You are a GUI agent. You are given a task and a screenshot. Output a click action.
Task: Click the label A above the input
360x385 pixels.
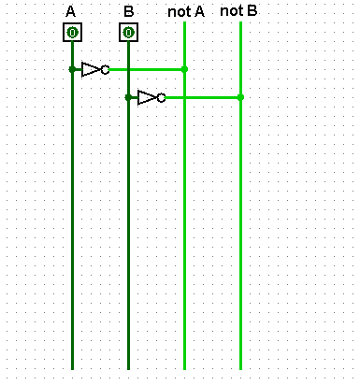(71, 12)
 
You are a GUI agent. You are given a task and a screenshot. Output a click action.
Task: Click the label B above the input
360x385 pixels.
(128, 12)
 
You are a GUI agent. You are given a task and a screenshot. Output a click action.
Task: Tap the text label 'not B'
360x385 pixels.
(238, 11)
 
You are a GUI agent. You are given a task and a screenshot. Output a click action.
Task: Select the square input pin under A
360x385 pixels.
(72, 33)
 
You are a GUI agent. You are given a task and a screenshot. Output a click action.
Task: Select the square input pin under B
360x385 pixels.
(128, 33)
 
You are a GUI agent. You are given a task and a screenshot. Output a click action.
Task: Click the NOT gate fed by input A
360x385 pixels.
(94, 69)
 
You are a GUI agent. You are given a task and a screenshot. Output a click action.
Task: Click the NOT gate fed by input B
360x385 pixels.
(150, 97)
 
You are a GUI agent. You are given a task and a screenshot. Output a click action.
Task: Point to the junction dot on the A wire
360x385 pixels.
(72, 69)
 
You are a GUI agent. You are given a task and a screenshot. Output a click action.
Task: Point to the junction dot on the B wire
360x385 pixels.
(128, 97)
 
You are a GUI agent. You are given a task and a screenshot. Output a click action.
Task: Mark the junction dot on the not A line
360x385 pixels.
(184, 69)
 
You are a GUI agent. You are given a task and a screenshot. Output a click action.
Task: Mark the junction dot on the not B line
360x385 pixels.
(240, 97)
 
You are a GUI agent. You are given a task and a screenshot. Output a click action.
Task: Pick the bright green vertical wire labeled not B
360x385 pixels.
(240, 234)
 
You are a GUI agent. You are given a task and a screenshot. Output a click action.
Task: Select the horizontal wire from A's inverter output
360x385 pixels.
(145, 69)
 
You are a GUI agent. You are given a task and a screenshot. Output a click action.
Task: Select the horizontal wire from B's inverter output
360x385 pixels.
(201, 97)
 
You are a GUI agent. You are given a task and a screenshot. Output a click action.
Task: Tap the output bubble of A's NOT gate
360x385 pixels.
(106, 69)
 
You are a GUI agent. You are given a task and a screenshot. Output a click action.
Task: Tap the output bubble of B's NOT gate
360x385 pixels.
(162, 97)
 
